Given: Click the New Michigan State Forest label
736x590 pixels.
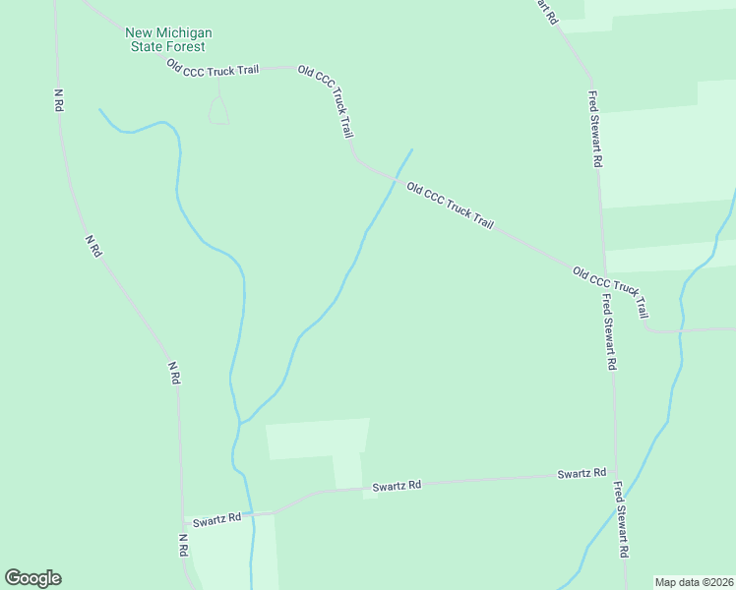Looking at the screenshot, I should pos(168,39).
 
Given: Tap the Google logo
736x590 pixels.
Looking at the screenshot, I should pos(32,578).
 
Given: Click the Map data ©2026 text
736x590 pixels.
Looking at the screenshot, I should pos(693,581).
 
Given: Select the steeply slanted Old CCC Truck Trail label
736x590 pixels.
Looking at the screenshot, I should pos(325,102).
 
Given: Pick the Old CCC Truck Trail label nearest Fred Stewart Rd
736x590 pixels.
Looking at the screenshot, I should pos(611,291).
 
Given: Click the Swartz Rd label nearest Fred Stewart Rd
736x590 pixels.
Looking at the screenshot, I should pos(581,474).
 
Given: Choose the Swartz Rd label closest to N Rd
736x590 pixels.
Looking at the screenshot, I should pos(216,519).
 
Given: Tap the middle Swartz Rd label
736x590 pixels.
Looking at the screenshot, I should pos(397,486).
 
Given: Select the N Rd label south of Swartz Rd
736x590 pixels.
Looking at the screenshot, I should pos(183,547).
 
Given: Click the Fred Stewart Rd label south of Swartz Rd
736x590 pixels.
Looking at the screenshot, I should pos(621,519).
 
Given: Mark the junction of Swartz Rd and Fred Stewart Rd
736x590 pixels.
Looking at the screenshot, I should pos(616,474).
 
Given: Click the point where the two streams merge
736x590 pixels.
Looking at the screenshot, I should pos(239,424).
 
